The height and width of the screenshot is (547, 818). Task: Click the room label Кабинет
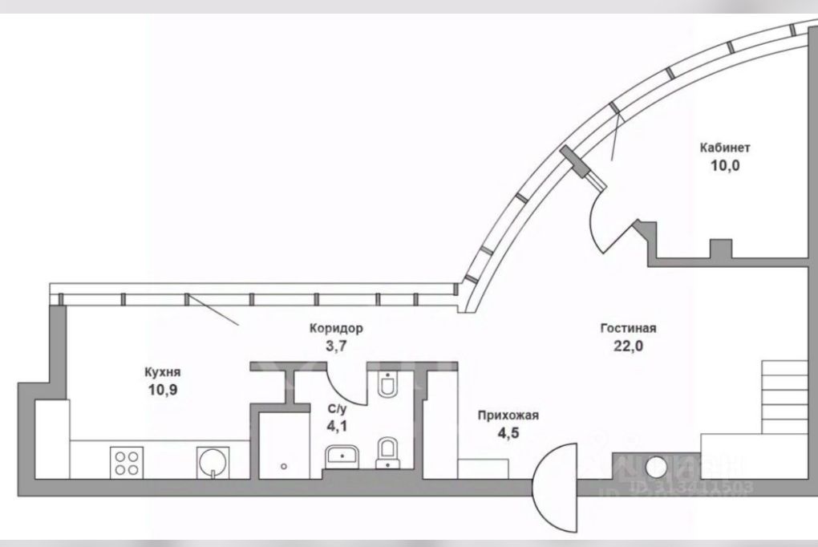click(724, 148)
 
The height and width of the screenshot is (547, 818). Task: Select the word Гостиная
click(629, 328)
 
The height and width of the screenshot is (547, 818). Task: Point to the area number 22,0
click(629, 346)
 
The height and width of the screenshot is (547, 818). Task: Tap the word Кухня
click(162, 372)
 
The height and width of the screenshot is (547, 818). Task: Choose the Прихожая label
click(508, 415)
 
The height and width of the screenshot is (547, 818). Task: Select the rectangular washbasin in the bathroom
click(344, 457)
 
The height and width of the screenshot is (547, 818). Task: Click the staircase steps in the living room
click(784, 396)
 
